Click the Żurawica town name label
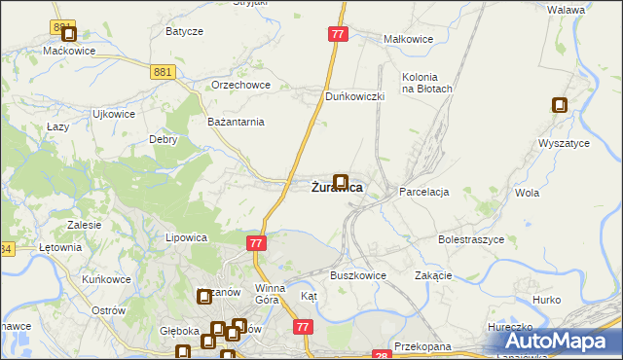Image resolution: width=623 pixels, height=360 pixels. [x=338, y=189]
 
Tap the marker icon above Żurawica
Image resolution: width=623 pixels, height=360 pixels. [x=341, y=181]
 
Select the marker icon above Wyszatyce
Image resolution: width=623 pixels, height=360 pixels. [x=560, y=105]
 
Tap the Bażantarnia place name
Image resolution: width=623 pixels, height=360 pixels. [x=237, y=122]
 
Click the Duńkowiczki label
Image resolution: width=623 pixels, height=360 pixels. [x=356, y=96]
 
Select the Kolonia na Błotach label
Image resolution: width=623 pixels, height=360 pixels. [x=427, y=83]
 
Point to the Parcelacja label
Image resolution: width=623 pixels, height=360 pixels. [x=423, y=192]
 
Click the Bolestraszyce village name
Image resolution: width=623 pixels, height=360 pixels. [x=470, y=238]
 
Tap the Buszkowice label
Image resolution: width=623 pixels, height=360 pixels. [x=358, y=275]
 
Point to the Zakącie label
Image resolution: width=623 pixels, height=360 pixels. [x=433, y=275]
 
